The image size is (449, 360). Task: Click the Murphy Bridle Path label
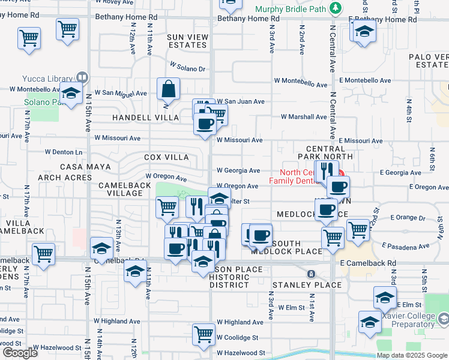pyautogui.click(x=292, y=9)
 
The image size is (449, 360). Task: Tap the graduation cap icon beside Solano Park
pyautogui.click(x=71, y=94)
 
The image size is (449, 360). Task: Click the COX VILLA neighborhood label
pyautogui.click(x=166, y=157)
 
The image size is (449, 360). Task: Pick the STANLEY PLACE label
pyautogui.click(x=307, y=284)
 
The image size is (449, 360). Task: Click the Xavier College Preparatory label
pyautogui.click(x=415, y=320)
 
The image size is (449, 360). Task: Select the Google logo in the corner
pyautogui.click(x=20, y=353)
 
